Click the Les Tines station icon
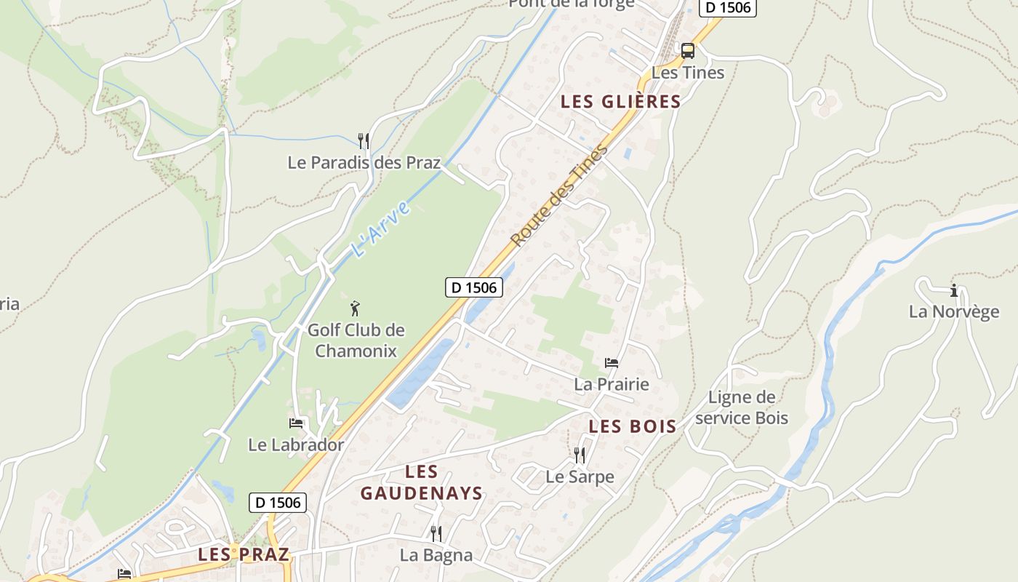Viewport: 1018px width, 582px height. click(687, 51)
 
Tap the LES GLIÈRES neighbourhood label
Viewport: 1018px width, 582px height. click(620, 102)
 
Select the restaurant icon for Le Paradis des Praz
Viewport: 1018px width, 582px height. click(364, 140)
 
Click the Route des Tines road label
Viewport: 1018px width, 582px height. click(558, 196)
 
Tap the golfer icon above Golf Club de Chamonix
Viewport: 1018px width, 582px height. click(356, 308)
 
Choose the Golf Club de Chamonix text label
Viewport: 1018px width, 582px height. click(356, 340)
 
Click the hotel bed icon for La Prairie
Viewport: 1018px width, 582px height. click(612, 362)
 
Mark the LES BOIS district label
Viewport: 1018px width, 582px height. click(632, 426)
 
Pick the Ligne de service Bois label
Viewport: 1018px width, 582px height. click(742, 407)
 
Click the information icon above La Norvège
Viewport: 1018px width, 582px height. click(954, 291)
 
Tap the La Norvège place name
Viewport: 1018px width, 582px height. click(954, 312)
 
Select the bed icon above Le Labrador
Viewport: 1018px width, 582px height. click(296, 423)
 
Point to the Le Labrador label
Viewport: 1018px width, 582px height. click(296, 445)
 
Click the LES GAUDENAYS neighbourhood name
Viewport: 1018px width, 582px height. click(422, 483)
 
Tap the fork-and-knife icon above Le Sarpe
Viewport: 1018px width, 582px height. click(580, 455)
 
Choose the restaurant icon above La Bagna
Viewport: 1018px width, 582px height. click(436, 534)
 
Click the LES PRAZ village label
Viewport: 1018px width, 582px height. click(244, 554)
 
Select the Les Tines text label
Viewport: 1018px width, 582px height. click(688, 73)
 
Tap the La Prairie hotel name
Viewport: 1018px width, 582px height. click(612, 384)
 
